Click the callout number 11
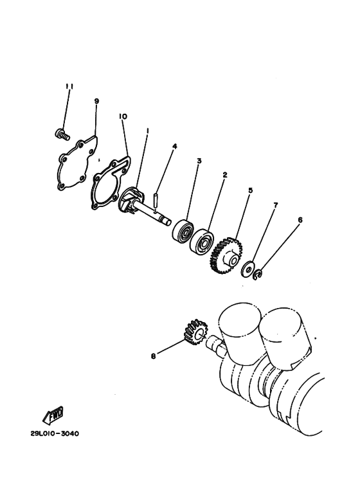(69, 87)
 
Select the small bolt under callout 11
(62, 134)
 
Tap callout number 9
(96, 101)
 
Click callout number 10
(123, 116)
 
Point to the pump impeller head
(131, 201)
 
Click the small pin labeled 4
(156, 202)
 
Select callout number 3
(199, 161)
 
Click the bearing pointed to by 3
(183, 230)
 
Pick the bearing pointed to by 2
(201, 240)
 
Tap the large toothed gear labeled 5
(226, 255)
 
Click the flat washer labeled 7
(248, 269)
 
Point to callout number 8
(154, 356)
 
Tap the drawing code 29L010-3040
(55, 433)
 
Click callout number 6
(300, 220)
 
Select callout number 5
(250, 190)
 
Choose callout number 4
(174, 146)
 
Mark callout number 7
(275, 205)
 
